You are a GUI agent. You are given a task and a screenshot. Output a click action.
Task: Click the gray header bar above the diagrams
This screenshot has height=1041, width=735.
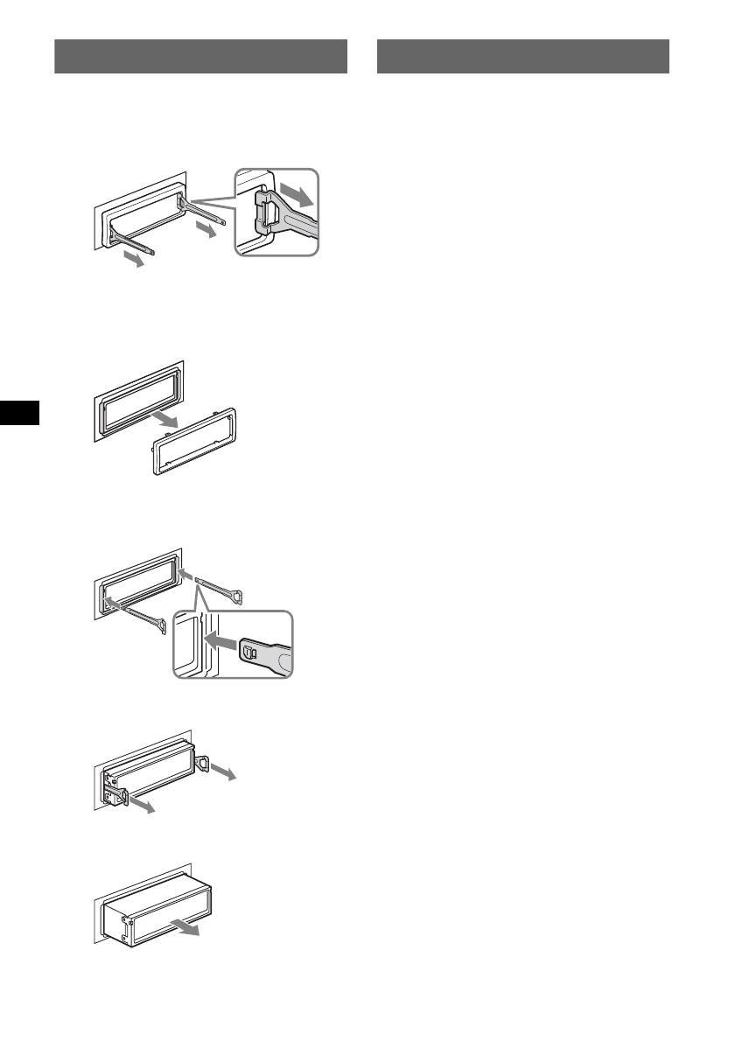pyautogui.click(x=200, y=56)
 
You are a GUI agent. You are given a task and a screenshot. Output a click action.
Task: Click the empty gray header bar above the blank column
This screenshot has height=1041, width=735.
pyautogui.click(x=522, y=56)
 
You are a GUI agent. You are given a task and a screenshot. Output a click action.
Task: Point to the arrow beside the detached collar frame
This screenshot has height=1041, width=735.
pyautogui.click(x=165, y=423)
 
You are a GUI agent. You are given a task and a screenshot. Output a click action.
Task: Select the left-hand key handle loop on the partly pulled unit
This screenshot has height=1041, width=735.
pyautogui.click(x=119, y=795)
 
